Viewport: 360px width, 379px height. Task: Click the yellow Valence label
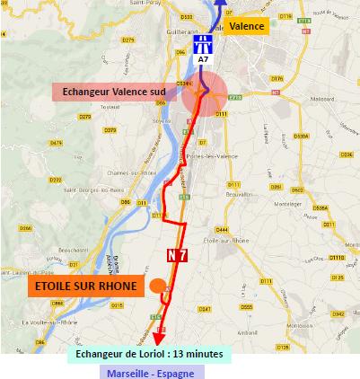[x=246, y=28]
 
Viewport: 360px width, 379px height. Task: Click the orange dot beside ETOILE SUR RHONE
[x=157, y=286]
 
